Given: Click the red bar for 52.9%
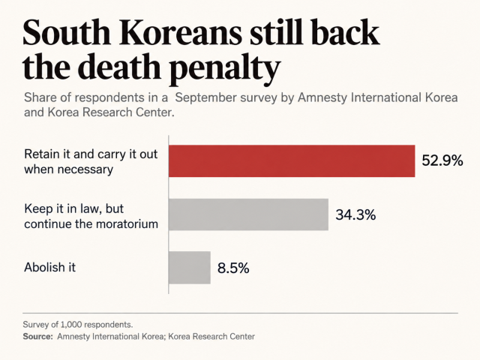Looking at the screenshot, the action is click(292, 161).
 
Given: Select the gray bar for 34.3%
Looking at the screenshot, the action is click(248, 214).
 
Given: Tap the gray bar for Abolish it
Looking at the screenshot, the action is click(190, 268).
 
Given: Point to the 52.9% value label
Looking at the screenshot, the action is click(442, 160).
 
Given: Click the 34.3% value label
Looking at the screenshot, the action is click(355, 214).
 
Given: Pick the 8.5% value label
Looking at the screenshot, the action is click(233, 268).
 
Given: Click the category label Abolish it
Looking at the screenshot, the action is click(50, 267).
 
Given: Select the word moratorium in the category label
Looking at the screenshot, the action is click(127, 224).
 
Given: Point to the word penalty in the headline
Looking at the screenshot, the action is click(223, 67).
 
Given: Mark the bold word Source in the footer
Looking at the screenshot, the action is click(37, 337).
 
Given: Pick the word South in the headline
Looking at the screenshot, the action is click(67, 32).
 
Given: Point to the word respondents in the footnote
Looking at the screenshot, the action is click(108, 325).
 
